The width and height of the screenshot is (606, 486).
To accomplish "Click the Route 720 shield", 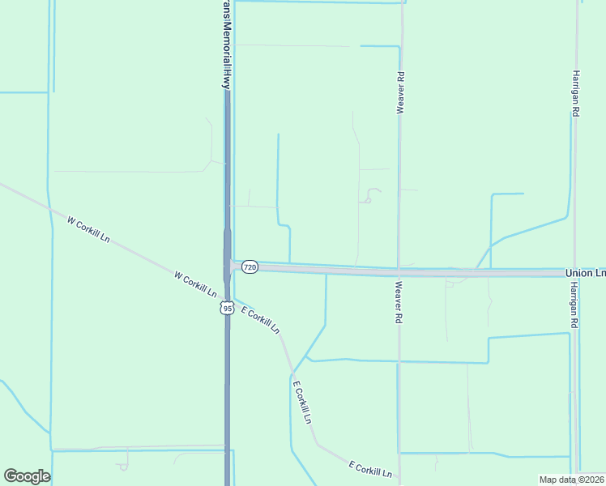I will click(250, 267).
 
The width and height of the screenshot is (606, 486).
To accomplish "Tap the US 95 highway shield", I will click(227, 308).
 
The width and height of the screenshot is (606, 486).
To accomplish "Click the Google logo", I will click(27, 476).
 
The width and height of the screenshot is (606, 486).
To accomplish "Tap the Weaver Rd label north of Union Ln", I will click(400, 92).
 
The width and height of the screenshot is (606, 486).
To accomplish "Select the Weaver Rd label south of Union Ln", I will click(399, 303).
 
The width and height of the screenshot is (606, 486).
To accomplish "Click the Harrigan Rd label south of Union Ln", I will click(574, 305).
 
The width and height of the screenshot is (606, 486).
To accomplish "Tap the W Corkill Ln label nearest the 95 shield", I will click(195, 283).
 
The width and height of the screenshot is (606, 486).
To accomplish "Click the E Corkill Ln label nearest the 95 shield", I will click(260, 320).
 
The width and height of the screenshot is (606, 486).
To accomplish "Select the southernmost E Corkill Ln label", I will click(370, 468).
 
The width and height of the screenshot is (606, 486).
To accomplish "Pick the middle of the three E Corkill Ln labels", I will click(301, 403).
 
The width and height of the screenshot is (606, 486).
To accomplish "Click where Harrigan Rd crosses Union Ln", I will click(575, 274).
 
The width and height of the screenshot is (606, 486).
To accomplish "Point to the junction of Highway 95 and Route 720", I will click(228, 266).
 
